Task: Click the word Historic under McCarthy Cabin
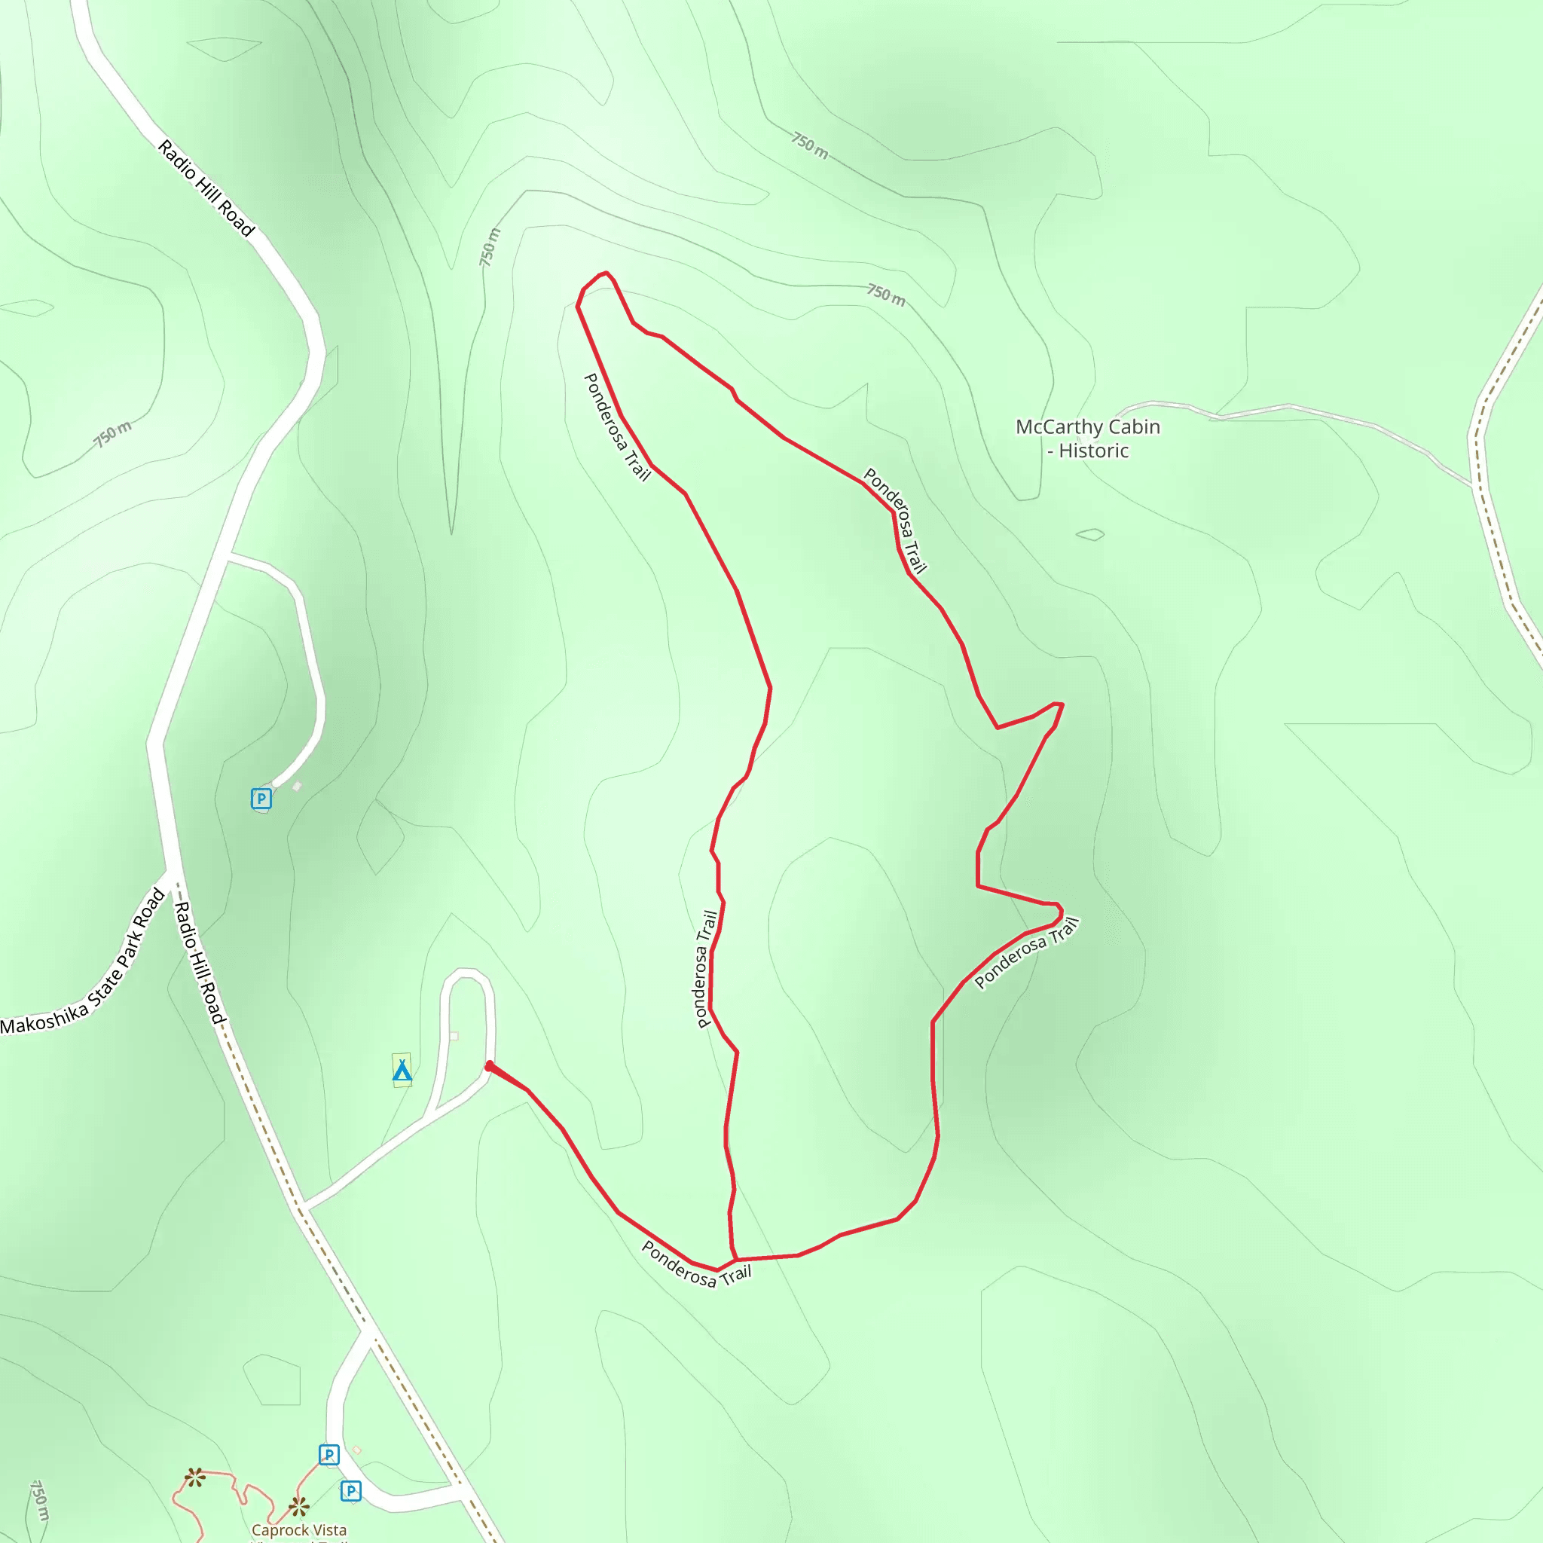[x=1093, y=451]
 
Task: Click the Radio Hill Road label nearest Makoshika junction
[x=200, y=963]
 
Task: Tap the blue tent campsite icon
[x=402, y=1071]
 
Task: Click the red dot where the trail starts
[x=489, y=1065]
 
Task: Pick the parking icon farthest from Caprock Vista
[x=261, y=798]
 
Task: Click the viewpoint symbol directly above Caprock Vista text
[x=298, y=1507]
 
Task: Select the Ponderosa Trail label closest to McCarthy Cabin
[x=894, y=521]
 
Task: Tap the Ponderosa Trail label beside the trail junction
[x=696, y=1264]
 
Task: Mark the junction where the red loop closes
[x=735, y=1260]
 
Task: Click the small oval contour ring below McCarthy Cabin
[x=1090, y=534]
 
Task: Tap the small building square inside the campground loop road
[x=454, y=1036]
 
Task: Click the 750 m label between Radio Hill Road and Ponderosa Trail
[x=490, y=247]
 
